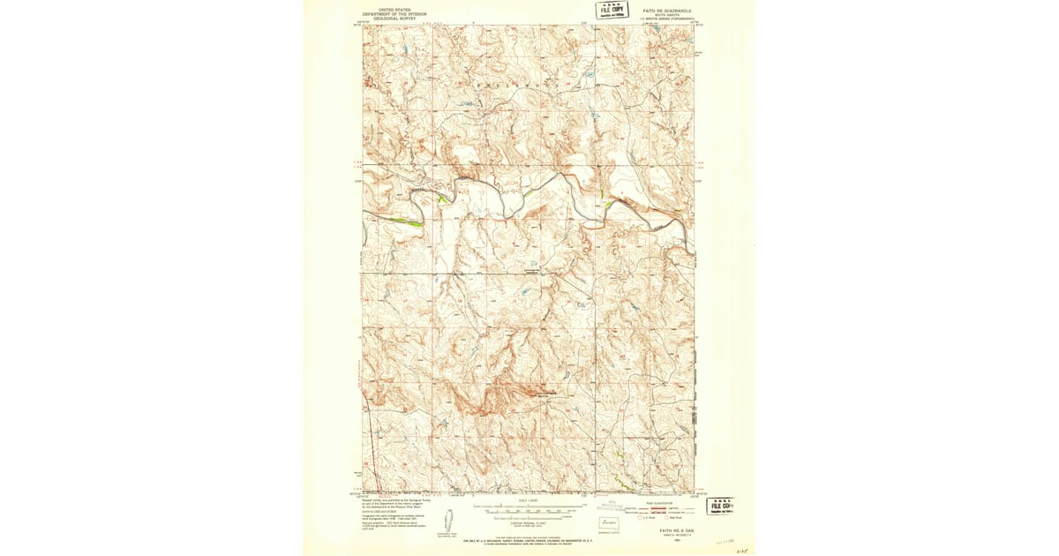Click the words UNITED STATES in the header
[394, 10]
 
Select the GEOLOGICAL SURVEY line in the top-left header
[394, 19]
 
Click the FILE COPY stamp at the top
[612, 10]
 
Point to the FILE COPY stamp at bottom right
[723, 506]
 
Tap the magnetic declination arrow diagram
[447, 530]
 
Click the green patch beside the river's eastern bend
[608, 205]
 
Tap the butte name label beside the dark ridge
[544, 395]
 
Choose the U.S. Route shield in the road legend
[643, 518]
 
